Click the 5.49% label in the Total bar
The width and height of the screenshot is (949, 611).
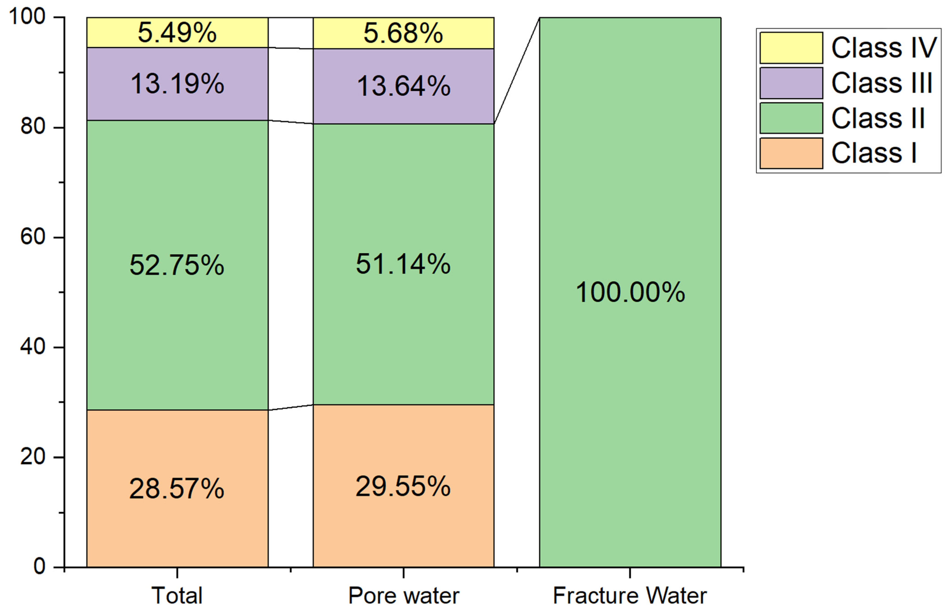[x=177, y=33]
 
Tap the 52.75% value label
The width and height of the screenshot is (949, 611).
[x=177, y=265]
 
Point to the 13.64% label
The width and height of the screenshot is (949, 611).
[x=403, y=86]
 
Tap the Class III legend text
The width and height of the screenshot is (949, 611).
[x=881, y=83]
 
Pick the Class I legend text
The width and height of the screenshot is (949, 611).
[x=874, y=153]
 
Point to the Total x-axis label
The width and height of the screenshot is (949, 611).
[x=177, y=595]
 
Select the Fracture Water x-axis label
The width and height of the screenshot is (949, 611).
[x=630, y=595]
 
